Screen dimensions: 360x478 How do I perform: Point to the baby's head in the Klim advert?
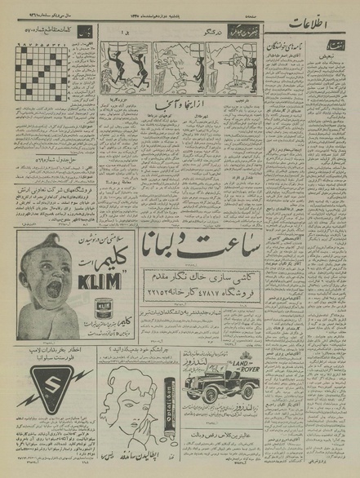click(x=37, y=273)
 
